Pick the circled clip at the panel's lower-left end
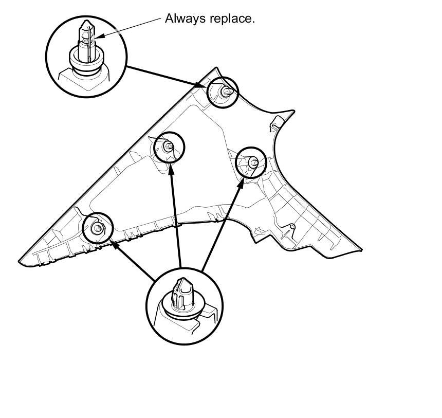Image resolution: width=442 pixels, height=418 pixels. pyautogui.click(x=97, y=227)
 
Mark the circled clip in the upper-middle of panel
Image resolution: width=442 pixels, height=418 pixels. pyautogui.click(x=169, y=147)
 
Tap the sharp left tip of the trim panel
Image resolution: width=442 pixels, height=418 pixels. pyautogui.click(x=21, y=262)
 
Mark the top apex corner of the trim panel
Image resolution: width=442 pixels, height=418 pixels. pyautogui.click(x=215, y=68)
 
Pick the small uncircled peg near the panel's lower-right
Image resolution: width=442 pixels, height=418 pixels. pyautogui.click(x=292, y=226)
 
